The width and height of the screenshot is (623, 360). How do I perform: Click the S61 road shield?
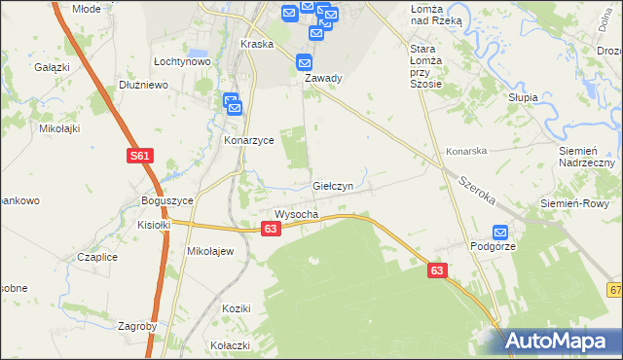pos(140,156)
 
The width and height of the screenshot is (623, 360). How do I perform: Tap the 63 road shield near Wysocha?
pos(272,228)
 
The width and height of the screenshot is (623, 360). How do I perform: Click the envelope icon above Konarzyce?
pos(232,101)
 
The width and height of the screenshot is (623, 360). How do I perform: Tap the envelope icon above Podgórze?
pos(500,233)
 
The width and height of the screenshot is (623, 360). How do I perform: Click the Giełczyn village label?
pos(339,184)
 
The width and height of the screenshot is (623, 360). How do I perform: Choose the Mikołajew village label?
pos(210,251)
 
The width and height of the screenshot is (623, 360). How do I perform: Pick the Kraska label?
pos(256,44)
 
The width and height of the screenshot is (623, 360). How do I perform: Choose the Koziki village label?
pos(237,308)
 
